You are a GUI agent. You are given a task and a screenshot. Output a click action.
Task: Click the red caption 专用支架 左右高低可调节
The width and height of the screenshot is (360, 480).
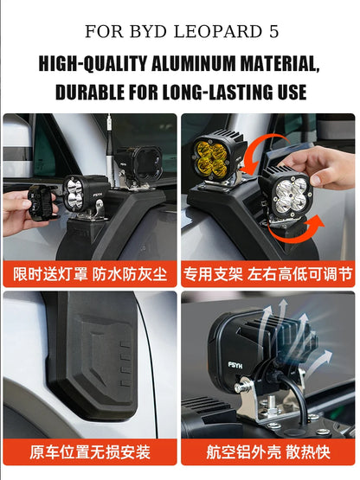pyautogui.click(x=269, y=274)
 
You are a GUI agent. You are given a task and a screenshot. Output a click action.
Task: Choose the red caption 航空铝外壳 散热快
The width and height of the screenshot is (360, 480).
pyautogui.click(x=269, y=451)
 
